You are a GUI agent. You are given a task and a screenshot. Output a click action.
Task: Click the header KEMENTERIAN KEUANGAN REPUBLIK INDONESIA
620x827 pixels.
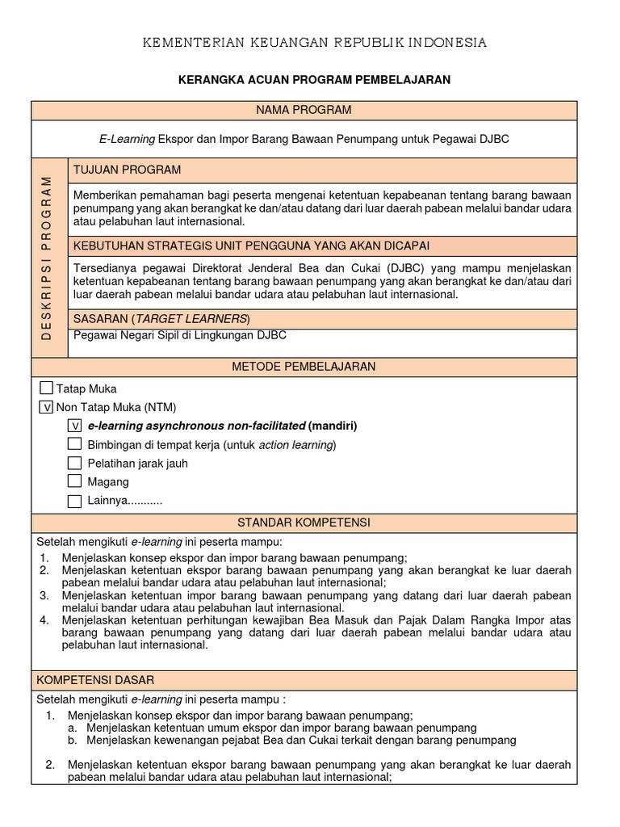[x=314, y=43]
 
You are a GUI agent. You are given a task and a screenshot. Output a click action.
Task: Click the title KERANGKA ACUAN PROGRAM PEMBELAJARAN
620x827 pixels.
[x=314, y=80]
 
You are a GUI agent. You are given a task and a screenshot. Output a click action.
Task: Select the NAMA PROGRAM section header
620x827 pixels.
[x=304, y=110]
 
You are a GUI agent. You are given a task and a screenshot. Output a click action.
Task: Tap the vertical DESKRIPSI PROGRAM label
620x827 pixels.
[x=47, y=257]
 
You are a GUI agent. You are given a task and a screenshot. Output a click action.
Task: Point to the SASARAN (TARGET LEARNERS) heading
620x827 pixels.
[x=161, y=318]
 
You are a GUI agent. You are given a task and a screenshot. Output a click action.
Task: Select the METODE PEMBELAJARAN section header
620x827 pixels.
[x=304, y=367]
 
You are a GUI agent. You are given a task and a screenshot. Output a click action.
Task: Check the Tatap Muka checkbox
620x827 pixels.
[x=46, y=388]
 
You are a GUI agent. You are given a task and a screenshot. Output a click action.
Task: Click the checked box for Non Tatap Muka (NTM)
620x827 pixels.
[x=46, y=407]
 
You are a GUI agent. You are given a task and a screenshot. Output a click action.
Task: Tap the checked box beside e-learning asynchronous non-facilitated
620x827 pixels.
[x=74, y=426]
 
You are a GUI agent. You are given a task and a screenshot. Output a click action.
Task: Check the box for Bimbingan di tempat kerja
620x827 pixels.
[x=74, y=444]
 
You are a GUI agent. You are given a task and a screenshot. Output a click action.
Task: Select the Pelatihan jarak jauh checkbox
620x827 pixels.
[x=74, y=463]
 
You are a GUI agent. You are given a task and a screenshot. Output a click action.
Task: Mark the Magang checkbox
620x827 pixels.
[x=74, y=481]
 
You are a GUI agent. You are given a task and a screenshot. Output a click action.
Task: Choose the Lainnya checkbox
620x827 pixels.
[x=74, y=501]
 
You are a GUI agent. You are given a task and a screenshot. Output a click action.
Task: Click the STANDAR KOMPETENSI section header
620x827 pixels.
[x=304, y=523]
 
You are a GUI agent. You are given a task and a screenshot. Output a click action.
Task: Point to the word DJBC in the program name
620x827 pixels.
[x=492, y=139]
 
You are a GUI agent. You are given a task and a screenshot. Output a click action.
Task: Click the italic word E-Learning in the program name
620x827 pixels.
[x=127, y=139]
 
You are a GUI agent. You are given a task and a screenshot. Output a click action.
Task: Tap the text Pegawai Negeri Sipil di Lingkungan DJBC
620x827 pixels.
[x=179, y=335]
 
